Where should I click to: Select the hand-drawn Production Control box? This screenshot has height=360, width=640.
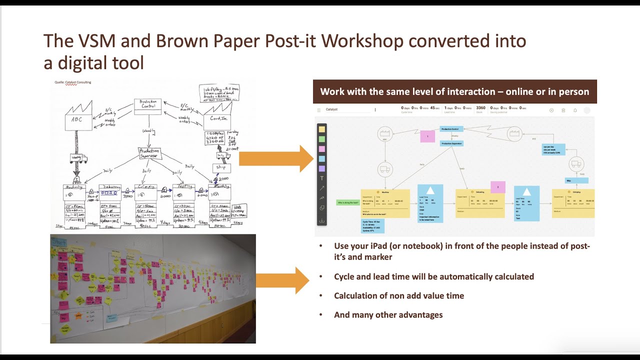point(147,106)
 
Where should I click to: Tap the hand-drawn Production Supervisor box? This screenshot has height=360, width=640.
point(149,153)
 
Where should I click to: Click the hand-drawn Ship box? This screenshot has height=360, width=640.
point(221,167)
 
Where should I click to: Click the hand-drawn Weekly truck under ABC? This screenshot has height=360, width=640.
point(78,158)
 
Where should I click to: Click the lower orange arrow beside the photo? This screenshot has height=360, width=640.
point(282,280)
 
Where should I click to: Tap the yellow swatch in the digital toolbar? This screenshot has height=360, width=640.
point(321,129)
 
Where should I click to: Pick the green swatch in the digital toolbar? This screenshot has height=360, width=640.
point(321,139)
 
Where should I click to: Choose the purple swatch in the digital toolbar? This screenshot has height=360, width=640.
point(321,168)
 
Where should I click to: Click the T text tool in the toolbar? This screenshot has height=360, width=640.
point(321,178)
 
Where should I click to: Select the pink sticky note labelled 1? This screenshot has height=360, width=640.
point(427,136)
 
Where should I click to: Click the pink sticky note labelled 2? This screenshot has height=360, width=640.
point(497,187)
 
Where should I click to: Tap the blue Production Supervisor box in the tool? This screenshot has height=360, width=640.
point(451,143)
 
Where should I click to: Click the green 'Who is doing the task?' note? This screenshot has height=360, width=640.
point(347,202)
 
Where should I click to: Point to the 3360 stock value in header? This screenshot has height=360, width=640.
point(480,108)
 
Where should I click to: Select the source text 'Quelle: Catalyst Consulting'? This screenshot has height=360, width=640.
point(73,82)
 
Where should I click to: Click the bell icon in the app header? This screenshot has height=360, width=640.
point(575,110)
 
